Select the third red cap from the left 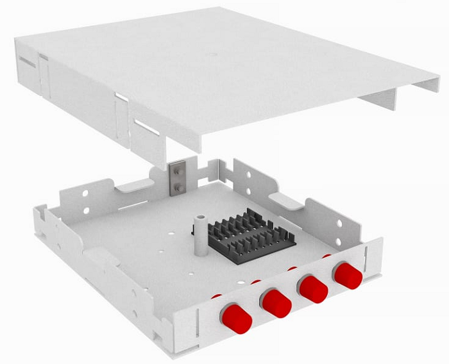(x=313, y=289)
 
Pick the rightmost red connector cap (x=347, y=275)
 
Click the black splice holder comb (x=250, y=234)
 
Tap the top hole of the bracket (x=175, y=170)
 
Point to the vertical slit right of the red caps (x=367, y=263)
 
